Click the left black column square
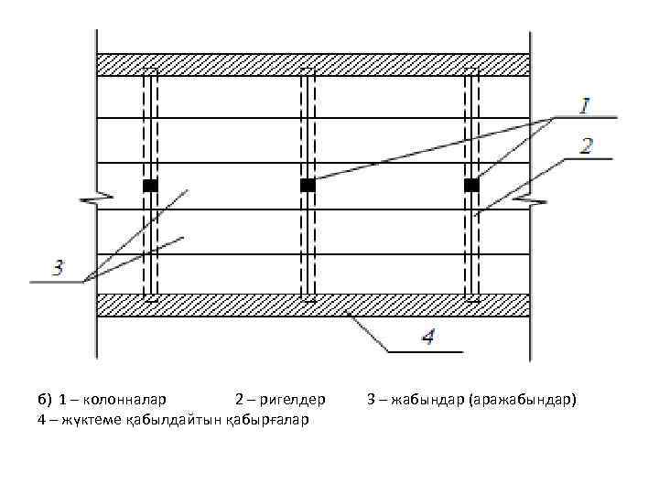pyautogui.click(x=150, y=186)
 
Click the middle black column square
pyautogui.click(x=308, y=186)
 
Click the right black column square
pyautogui.click(x=471, y=186)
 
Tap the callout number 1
pyautogui.click(x=584, y=105)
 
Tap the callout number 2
pyautogui.click(x=586, y=145)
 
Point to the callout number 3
pyautogui.click(x=57, y=268)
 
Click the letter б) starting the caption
pyautogui.click(x=45, y=400)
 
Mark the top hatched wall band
pyautogui.click(x=313, y=65)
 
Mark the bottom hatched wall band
pyautogui.click(x=313, y=306)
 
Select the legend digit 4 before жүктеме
pyautogui.click(x=41, y=419)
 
